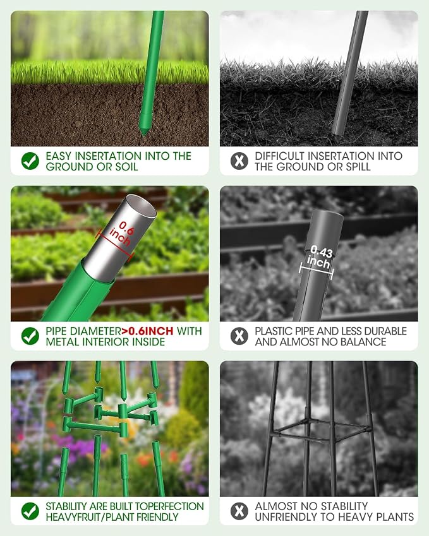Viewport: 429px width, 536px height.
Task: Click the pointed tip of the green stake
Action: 143,134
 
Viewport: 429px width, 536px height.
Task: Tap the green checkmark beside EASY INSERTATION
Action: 30,161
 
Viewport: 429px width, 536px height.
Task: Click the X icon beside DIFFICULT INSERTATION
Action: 239,161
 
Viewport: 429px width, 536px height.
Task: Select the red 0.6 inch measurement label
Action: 121,233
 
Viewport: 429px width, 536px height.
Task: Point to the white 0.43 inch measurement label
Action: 320,258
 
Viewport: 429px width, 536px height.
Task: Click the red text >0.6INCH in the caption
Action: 147,331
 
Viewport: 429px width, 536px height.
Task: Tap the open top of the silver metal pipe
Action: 141,206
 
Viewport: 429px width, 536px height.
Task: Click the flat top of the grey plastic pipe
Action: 327,215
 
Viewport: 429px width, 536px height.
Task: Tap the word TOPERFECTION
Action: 172,506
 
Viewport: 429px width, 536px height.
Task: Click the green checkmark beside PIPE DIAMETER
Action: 30,336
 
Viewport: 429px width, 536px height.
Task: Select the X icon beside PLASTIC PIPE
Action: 239,336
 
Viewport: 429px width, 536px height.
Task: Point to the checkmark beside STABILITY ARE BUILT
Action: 30,511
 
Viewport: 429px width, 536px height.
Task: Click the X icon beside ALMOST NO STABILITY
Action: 239,511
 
